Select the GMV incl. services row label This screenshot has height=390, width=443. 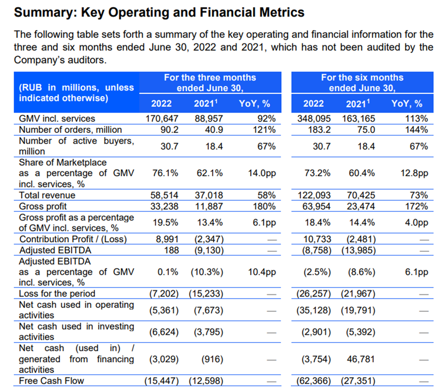(x=57, y=118)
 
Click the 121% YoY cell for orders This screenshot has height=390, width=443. (x=264, y=130)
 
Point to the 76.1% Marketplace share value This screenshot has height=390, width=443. (x=165, y=173)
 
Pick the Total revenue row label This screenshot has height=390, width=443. (x=47, y=195)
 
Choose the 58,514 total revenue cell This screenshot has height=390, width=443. (x=164, y=195)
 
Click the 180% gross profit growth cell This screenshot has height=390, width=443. (x=264, y=206)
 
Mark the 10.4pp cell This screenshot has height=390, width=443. (x=262, y=272)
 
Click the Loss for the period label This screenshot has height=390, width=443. (x=57, y=294)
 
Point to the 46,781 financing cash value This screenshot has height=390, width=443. (x=361, y=359)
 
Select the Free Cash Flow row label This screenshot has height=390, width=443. (x=51, y=381)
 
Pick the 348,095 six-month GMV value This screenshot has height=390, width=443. (x=314, y=118)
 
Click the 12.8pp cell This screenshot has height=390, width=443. (x=414, y=173)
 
